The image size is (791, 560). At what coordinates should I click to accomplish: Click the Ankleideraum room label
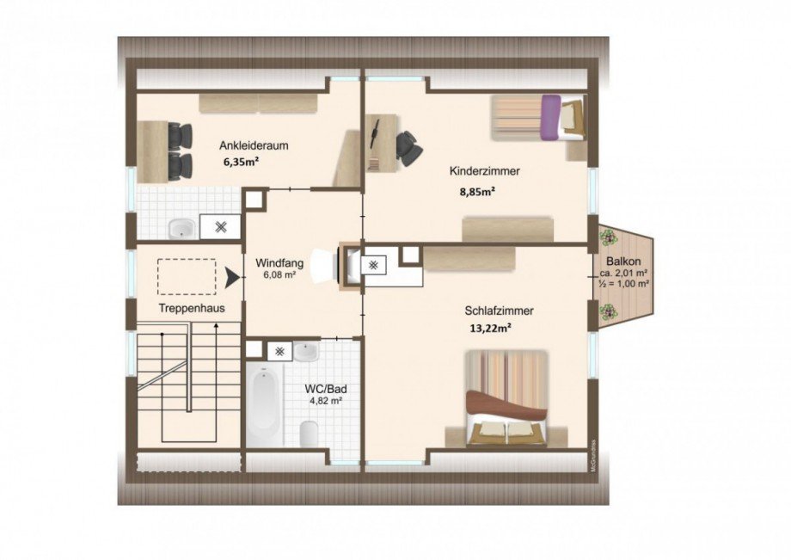[x=254, y=145]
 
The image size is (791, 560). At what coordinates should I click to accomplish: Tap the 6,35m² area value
[x=241, y=162]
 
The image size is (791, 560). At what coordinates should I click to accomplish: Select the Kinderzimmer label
[x=484, y=171]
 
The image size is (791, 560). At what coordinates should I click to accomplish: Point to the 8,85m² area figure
[x=476, y=191]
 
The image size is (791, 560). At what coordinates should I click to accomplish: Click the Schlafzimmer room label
[x=499, y=311]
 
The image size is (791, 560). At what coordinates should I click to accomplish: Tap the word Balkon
[x=623, y=262]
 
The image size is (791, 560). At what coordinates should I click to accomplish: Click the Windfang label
[x=279, y=263]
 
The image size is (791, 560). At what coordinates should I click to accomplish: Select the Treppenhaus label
[x=192, y=308]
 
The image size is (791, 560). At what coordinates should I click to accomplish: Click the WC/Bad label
[x=325, y=389]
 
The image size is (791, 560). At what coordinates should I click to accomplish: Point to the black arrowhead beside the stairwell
[x=231, y=278]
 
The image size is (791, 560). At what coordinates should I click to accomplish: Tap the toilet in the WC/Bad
[x=309, y=434]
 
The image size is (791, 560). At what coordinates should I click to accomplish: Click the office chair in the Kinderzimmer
[x=408, y=148]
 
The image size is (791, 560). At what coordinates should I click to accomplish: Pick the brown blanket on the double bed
[x=506, y=403]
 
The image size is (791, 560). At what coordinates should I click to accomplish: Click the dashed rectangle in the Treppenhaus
[x=187, y=276]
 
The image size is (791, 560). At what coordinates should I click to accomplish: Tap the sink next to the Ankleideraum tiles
[x=181, y=229]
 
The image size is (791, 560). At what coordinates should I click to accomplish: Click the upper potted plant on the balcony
[x=607, y=236]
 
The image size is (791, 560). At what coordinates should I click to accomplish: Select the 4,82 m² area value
[x=326, y=401]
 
